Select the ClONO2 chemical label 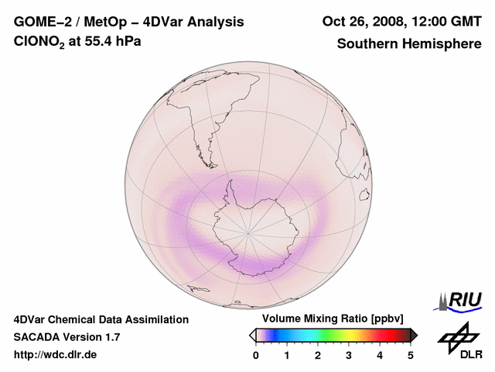(38, 43)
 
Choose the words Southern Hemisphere (408, 43)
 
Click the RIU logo (460, 299)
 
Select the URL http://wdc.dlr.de (56, 355)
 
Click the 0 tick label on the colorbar (256, 355)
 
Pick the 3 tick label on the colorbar (349, 355)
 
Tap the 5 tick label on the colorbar (410, 355)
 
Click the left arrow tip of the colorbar (252, 335)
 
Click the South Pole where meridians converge (248, 232)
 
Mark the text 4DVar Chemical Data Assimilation (101, 319)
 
